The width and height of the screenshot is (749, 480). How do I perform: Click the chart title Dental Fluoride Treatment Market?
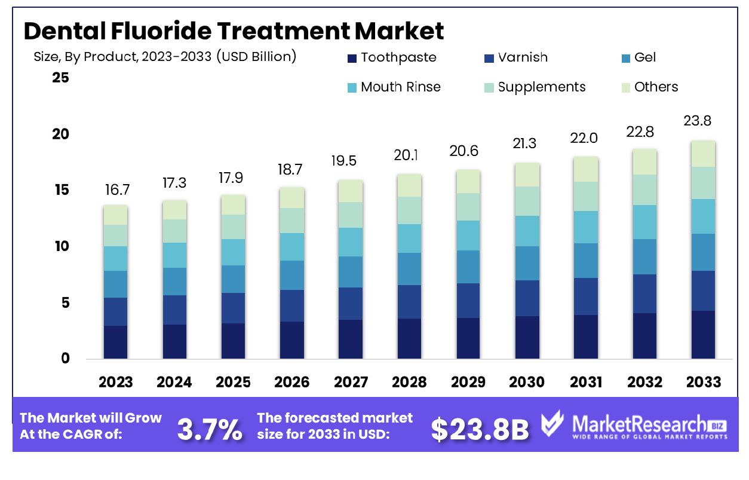[x=234, y=30]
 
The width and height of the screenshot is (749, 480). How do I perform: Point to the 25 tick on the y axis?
[x=61, y=78]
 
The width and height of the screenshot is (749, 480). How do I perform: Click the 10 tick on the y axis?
[x=61, y=246]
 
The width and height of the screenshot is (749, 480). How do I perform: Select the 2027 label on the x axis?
[x=350, y=382]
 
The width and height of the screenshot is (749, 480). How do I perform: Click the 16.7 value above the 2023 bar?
[x=115, y=191]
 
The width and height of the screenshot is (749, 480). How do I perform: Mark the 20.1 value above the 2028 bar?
[x=409, y=155]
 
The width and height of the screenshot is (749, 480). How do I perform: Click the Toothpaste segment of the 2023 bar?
[x=115, y=342]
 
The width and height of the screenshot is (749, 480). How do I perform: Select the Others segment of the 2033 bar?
[x=702, y=154]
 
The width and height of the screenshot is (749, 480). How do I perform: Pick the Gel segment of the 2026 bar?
[x=291, y=275]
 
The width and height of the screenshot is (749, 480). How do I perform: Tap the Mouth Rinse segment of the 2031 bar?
[x=585, y=227]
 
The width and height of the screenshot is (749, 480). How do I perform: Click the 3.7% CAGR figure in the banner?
[x=210, y=430]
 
